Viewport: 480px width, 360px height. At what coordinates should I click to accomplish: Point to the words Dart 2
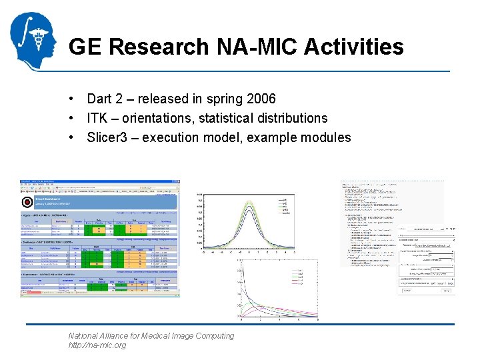tap(105, 99)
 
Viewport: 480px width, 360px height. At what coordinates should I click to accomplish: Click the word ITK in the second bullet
tap(97, 118)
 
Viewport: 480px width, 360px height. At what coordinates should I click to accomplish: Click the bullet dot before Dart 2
tap(70, 99)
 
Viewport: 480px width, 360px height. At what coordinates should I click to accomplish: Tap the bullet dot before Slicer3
tap(70, 137)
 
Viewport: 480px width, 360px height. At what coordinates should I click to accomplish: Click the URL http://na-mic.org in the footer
tap(97, 345)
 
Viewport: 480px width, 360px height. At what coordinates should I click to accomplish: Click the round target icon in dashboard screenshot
tap(27, 201)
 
